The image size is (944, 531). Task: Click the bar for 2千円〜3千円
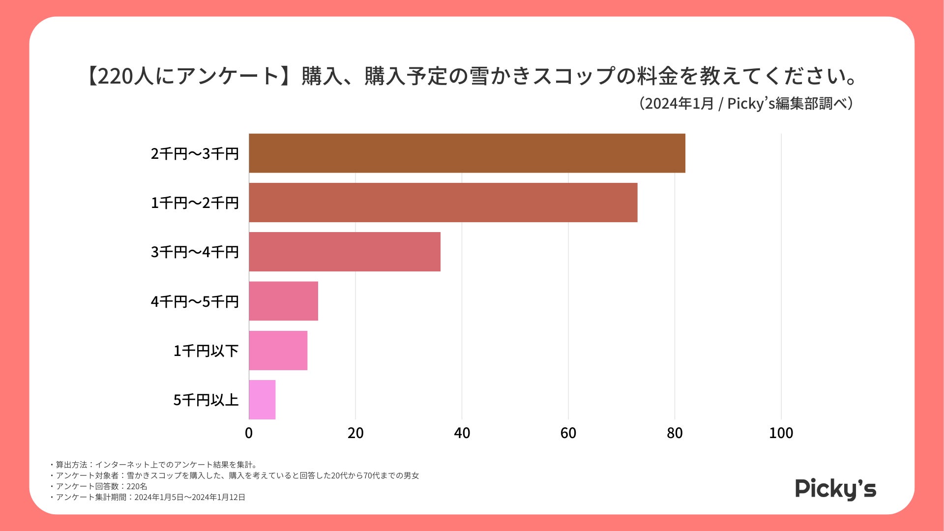click(467, 153)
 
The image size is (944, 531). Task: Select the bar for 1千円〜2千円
click(443, 203)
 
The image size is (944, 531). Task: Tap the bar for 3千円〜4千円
click(345, 252)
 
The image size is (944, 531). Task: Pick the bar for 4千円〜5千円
click(284, 301)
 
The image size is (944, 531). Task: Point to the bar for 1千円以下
click(278, 350)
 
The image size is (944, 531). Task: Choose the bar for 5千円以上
click(262, 399)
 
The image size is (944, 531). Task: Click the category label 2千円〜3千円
click(195, 154)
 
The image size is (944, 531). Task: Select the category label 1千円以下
click(206, 351)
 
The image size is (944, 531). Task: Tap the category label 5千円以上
click(206, 400)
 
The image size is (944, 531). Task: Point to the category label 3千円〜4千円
click(195, 252)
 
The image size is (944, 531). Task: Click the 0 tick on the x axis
click(249, 433)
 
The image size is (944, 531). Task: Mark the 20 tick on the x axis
click(355, 433)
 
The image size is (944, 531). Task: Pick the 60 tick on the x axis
click(568, 433)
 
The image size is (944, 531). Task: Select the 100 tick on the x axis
click(781, 433)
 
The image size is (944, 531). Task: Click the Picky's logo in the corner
click(835, 489)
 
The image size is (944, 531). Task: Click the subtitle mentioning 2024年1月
click(746, 104)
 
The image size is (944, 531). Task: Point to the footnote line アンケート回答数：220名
click(101, 486)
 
